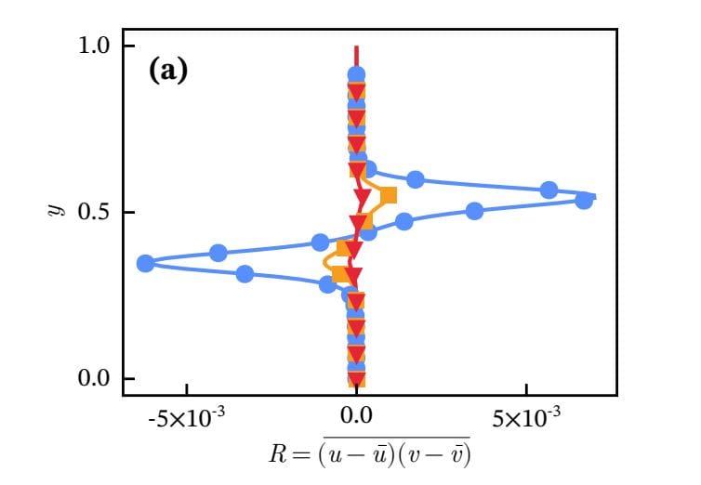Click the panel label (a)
168,72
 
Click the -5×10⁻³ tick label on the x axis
187,419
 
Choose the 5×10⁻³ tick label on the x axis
526,419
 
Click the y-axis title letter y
53,213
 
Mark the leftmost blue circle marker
145,264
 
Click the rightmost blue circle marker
584,200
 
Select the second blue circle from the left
218,253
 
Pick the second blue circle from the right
549,190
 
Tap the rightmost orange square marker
389,195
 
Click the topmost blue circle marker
356,74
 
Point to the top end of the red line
356,46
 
